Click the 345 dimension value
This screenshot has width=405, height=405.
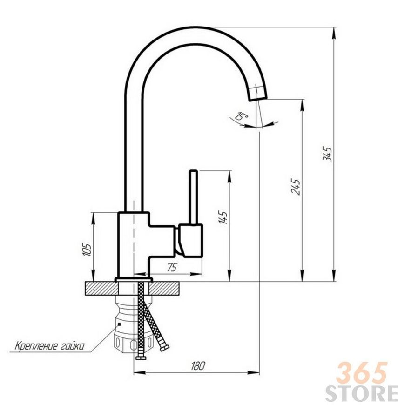click(327, 155)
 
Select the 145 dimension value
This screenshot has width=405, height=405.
click(223, 217)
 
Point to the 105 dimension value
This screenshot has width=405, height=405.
click(87, 249)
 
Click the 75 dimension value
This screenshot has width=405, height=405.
click(172, 268)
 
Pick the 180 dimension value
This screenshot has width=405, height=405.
click(198, 365)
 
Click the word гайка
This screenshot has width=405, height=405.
click(73, 346)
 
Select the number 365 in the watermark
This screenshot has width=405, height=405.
click(362, 373)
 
